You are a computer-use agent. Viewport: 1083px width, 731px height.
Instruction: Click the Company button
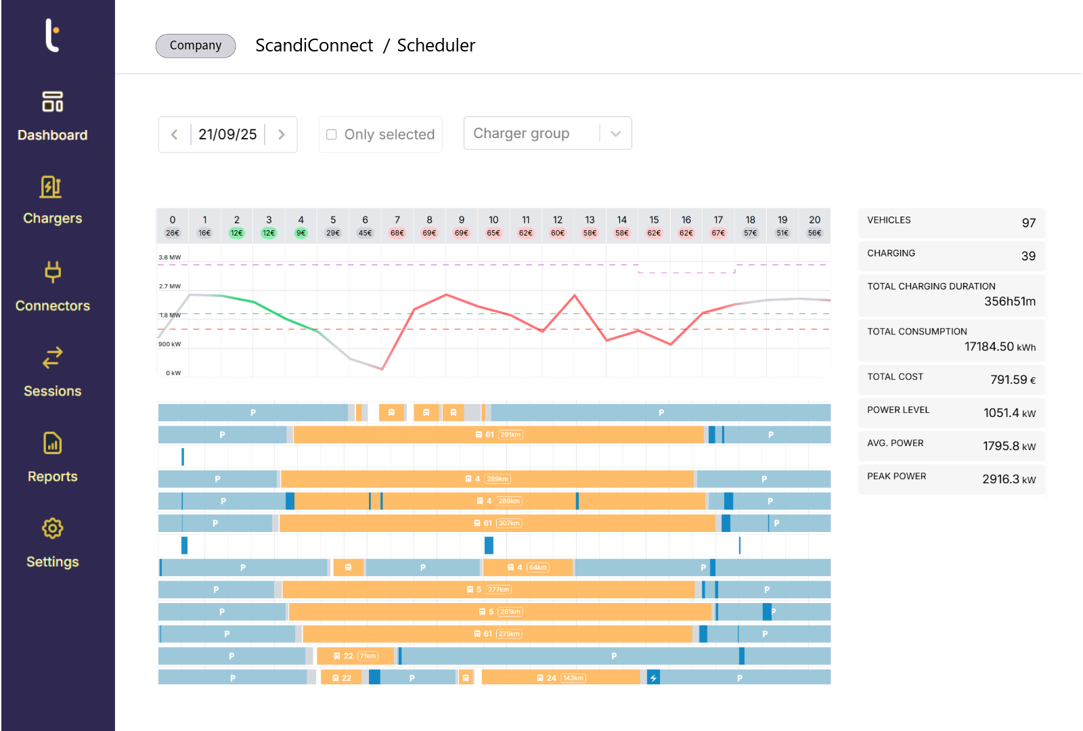[x=196, y=45]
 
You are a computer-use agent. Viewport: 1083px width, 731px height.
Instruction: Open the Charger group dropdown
[x=547, y=133]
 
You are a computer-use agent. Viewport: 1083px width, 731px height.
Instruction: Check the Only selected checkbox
[x=332, y=135]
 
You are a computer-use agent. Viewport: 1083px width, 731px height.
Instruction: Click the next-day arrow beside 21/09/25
[x=282, y=135]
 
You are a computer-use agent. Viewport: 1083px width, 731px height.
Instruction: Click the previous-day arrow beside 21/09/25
[x=175, y=135]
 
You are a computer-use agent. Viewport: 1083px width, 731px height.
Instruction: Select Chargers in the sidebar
[x=52, y=200]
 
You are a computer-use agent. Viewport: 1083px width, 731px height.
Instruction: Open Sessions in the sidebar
[x=52, y=372]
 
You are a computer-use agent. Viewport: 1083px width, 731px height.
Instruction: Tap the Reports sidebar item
[x=52, y=458]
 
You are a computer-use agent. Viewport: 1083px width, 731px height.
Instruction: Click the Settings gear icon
[x=52, y=529]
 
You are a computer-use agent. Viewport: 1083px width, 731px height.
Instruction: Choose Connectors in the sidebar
[x=52, y=287]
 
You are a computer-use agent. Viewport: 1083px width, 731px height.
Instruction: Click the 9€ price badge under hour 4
[x=301, y=233]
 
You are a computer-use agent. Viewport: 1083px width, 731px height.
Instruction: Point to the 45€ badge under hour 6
[x=365, y=233]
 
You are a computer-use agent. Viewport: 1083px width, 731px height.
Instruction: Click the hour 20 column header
[x=814, y=220]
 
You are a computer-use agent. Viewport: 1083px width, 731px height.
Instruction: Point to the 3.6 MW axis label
[x=170, y=257]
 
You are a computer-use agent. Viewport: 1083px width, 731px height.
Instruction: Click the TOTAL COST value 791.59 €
[x=1012, y=380]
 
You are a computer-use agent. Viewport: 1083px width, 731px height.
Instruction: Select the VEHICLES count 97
[x=1028, y=223]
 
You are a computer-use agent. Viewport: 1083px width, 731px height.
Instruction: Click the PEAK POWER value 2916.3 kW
[x=1009, y=479]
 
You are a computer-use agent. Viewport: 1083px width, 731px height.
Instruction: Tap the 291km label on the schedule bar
[x=510, y=435]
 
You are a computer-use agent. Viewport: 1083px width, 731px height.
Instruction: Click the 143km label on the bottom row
[x=573, y=678]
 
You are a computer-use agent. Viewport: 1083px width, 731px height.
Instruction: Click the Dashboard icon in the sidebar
[x=52, y=102]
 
